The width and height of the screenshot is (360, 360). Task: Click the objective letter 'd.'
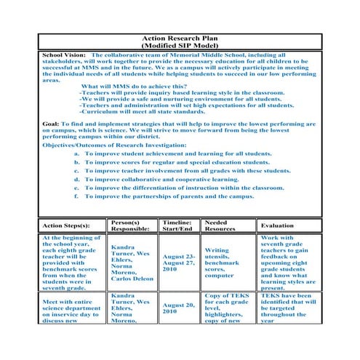(x=77, y=178)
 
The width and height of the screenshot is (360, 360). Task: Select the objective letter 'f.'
(x=77, y=196)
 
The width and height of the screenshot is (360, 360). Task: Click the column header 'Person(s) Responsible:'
(x=131, y=225)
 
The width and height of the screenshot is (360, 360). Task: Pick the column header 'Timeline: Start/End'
(x=177, y=225)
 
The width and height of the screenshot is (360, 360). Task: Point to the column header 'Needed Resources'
(x=221, y=225)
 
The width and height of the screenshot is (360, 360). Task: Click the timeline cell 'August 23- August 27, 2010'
(x=179, y=263)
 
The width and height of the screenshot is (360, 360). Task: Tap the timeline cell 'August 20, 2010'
(x=179, y=308)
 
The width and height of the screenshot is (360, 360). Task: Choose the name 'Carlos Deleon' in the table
(x=132, y=279)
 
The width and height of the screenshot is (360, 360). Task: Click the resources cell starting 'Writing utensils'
(x=224, y=263)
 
